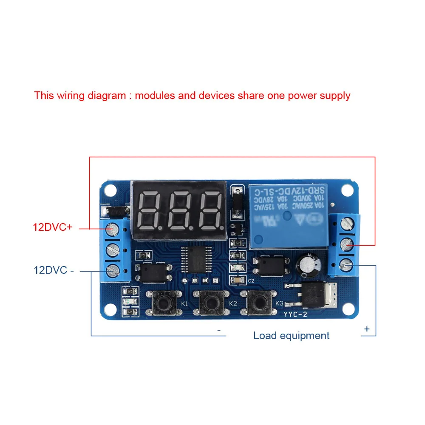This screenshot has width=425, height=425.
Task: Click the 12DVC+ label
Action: tap(53, 227)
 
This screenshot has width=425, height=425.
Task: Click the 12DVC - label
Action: tap(54, 270)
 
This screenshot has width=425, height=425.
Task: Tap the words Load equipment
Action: tap(291, 335)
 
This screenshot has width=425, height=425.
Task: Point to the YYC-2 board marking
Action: tap(296, 314)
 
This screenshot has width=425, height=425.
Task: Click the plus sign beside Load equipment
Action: tap(367, 329)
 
